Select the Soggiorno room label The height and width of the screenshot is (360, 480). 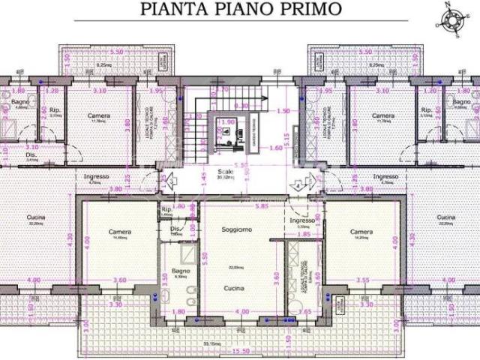[x=237, y=229]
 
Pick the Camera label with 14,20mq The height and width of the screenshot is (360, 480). [x=361, y=232]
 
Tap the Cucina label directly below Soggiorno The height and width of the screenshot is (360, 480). [x=237, y=287]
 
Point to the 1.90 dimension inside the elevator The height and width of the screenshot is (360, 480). [x=228, y=121]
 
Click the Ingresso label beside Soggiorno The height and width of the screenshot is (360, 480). [x=302, y=222]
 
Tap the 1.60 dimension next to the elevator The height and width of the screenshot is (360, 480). [x=275, y=148]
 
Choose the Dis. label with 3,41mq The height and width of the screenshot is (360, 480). [x=31, y=155]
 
